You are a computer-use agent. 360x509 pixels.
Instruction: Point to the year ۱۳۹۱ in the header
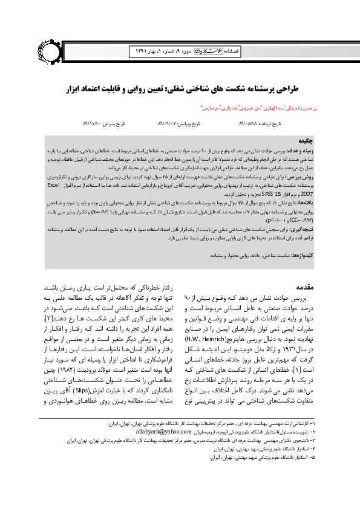coord(137,53)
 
